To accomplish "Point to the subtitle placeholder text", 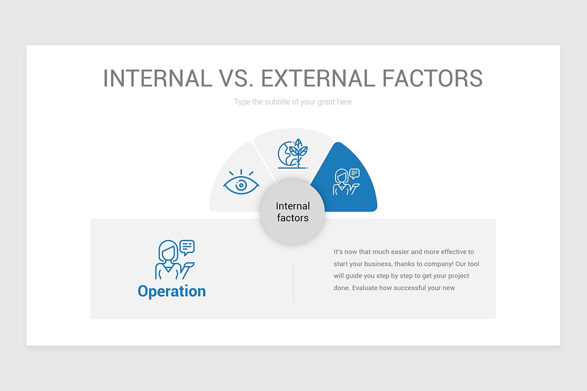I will coord(293,102).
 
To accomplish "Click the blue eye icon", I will coord(241,184).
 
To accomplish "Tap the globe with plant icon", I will coord(293,154).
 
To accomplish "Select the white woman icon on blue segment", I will coord(345,182).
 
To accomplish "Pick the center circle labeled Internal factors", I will coord(293,212).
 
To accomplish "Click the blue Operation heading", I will coord(172,291).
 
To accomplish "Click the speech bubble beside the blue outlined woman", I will coord(187,247).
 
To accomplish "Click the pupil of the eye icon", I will coord(240,185).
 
